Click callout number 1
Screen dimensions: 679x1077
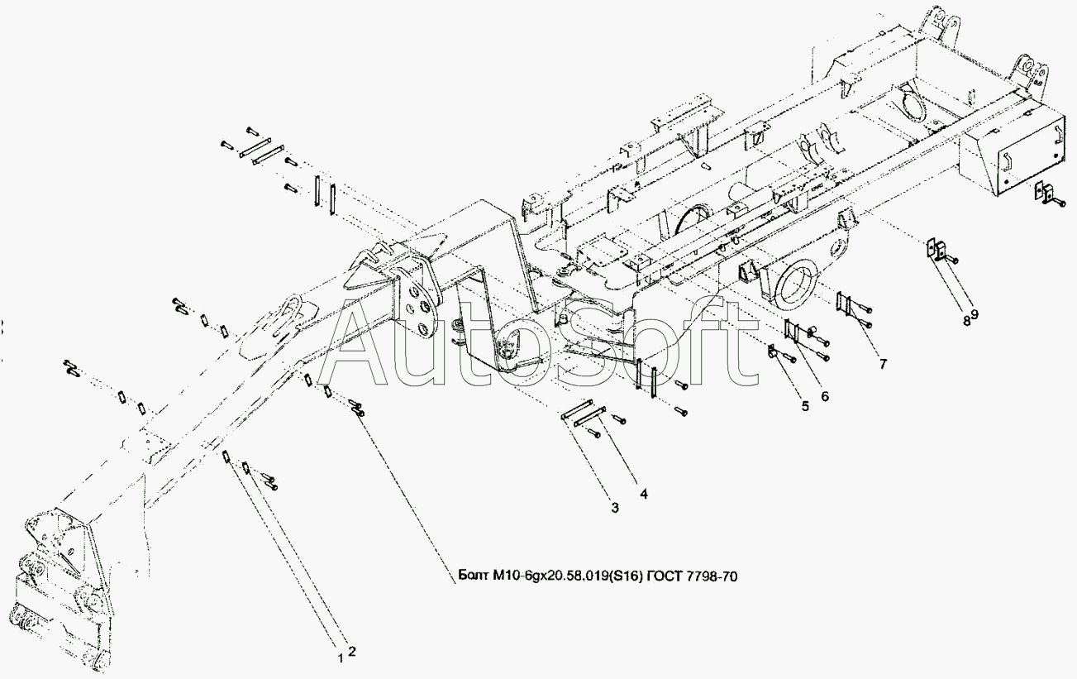tap(340, 658)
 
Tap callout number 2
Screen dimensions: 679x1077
tap(351, 651)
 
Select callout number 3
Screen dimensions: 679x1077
tap(614, 507)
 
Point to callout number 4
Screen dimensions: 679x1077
tap(643, 495)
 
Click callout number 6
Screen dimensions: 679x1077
tap(824, 396)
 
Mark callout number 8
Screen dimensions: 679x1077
tap(965, 321)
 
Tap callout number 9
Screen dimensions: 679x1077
tap(975, 314)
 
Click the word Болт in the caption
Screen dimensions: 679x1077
tap(474, 577)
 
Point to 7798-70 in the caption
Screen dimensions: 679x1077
tap(712, 577)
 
